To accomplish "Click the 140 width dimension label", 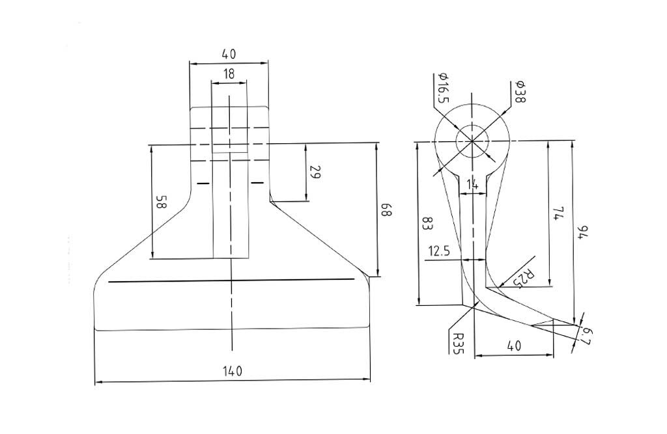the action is pos(233,371).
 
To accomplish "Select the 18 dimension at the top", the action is pos(229,74).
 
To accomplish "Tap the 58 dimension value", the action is pos(162,202).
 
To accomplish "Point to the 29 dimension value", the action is pos(315,172).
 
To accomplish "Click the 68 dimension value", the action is pos(386,210).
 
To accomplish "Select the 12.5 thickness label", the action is pos(439,251).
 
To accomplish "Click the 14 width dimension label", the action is pos(473,185).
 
